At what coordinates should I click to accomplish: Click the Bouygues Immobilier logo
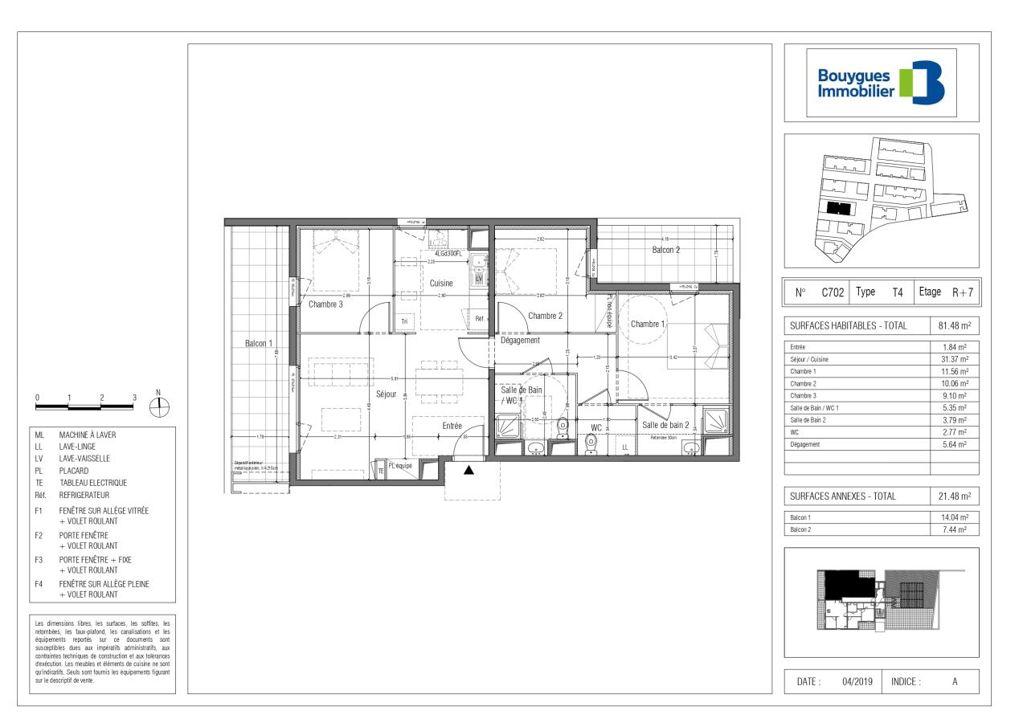(881, 84)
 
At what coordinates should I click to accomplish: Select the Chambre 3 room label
(325, 304)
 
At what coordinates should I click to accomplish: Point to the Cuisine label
(440, 283)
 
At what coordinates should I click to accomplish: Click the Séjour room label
(385, 393)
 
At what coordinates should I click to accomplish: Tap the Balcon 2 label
(665, 250)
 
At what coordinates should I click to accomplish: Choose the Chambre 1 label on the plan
(648, 324)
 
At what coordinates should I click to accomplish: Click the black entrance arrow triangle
(469, 471)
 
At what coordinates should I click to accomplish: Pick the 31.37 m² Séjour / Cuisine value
(954, 358)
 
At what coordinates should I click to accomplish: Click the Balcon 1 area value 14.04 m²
(954, 518)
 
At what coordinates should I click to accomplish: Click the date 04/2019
(857, 681)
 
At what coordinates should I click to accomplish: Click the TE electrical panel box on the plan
(381, 471)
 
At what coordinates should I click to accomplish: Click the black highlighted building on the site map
(839, 207)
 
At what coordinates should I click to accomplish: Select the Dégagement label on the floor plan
(520, 340)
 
